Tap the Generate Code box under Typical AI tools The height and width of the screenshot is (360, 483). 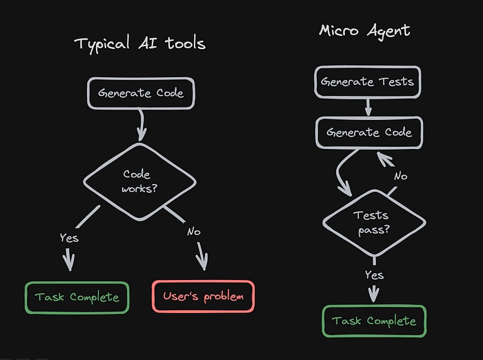141,93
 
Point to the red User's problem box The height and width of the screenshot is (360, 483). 203,297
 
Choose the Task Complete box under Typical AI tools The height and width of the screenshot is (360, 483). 77,297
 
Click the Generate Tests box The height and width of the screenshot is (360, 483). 367,82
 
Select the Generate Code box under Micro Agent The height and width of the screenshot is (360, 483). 368,132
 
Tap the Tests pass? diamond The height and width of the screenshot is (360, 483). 373,222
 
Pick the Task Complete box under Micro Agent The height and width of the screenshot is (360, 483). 374,321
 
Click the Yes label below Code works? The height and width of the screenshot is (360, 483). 69,237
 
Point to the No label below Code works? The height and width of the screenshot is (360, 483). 193,232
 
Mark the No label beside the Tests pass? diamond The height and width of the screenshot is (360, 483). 400,176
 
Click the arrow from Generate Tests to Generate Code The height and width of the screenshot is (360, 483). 368,107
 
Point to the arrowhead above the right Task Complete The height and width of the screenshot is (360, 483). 374,295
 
